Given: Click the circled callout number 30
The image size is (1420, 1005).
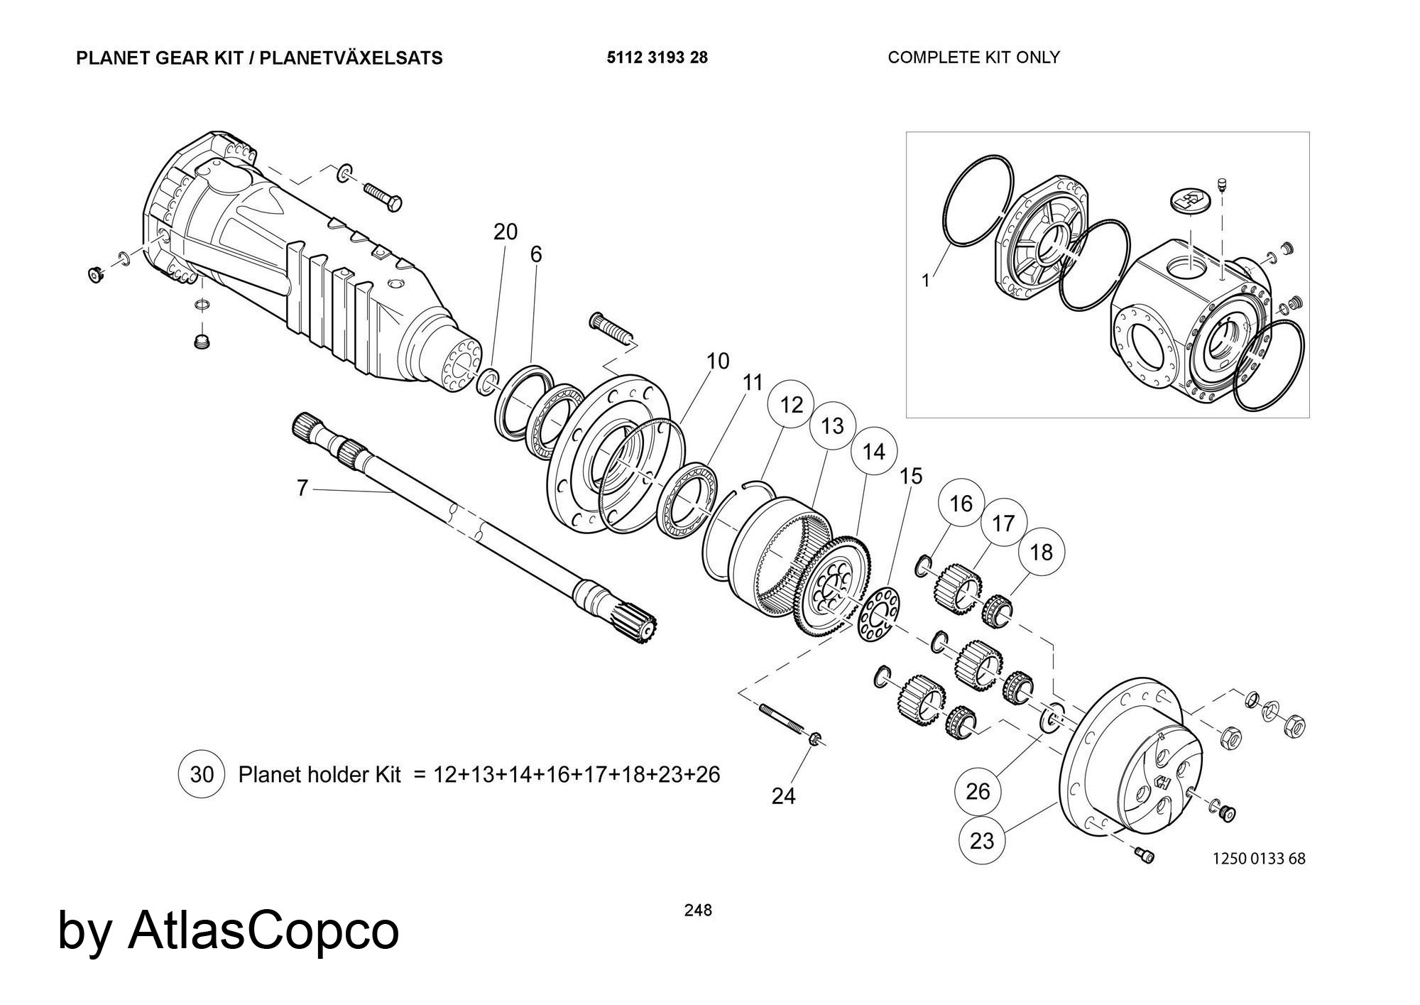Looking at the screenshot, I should [202, 774].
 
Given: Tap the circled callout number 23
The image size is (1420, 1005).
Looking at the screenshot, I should [982, 841].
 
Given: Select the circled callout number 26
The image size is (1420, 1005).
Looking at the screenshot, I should [978, 791].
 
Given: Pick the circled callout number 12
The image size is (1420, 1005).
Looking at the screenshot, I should [791, 405].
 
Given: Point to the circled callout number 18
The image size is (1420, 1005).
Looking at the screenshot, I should [1041, 552].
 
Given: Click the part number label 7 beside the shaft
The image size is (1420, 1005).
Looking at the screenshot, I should [302, 488].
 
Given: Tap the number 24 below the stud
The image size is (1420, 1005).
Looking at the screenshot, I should [784, 796].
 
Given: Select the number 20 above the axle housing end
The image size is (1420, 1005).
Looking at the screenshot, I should [506, 232].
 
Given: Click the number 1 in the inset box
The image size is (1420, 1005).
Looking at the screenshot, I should [926, 281].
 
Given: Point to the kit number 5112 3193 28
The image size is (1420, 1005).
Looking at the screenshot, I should [657, 58].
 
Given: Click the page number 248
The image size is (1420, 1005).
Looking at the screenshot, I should [698, 910].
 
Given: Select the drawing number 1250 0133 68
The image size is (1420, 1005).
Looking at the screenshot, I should [1259, 858].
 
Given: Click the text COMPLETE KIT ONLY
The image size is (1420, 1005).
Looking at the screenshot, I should [973, 58].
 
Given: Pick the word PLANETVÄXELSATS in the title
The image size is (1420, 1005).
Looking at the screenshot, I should [351, 58].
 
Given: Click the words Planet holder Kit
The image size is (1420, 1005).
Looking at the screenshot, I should [319, 774].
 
